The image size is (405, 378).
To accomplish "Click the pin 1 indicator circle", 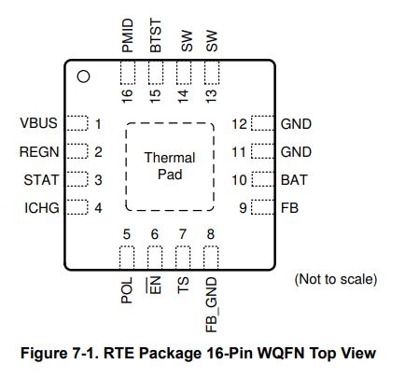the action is pyautogui.click(x=83, y=77).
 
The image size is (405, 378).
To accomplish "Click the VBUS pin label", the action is pyautogui.click(x=38, y=123).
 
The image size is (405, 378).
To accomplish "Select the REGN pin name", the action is pyautogui.click(x=39, y=152).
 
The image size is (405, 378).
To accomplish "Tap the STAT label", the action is pyautogui.click(x=41, y=180).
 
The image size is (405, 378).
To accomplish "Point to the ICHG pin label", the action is pyautogui.click(x=42, y=208).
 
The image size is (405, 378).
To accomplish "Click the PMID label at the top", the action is pyautogui.click(x=128, y=35).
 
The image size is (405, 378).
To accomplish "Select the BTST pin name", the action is pyautogui.click(x=156, y=35).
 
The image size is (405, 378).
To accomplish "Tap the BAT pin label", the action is pyautogui.click(x=294, y=180).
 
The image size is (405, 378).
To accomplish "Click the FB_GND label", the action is pyautogui.click(x=212, y=305).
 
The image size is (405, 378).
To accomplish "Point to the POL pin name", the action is pyautogui.click(x=127, y=290).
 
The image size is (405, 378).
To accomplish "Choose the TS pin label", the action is pyautogui.click(x=183, y=286).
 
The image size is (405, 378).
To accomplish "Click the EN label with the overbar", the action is pyautogui.click(x=154, y=286).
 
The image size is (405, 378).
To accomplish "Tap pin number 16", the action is pyautogui.click(x=127, y=96).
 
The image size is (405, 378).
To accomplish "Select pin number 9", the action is pyautogui.click(x=243, y=208).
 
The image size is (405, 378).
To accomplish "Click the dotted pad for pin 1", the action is pyautogui.click(x=77, y=123).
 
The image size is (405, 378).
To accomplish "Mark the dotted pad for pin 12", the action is pyautogui.click(x=262, y=123).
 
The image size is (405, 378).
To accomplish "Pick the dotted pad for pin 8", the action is pyautogui.click(x=211, y=258).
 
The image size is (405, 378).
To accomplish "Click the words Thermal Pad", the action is pyautogui.click(x=170, y=166).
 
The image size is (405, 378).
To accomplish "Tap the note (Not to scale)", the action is pyautogui.click(x=336, y=279).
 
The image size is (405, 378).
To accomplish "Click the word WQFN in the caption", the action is pyautogui.click(x=280, y=353).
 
